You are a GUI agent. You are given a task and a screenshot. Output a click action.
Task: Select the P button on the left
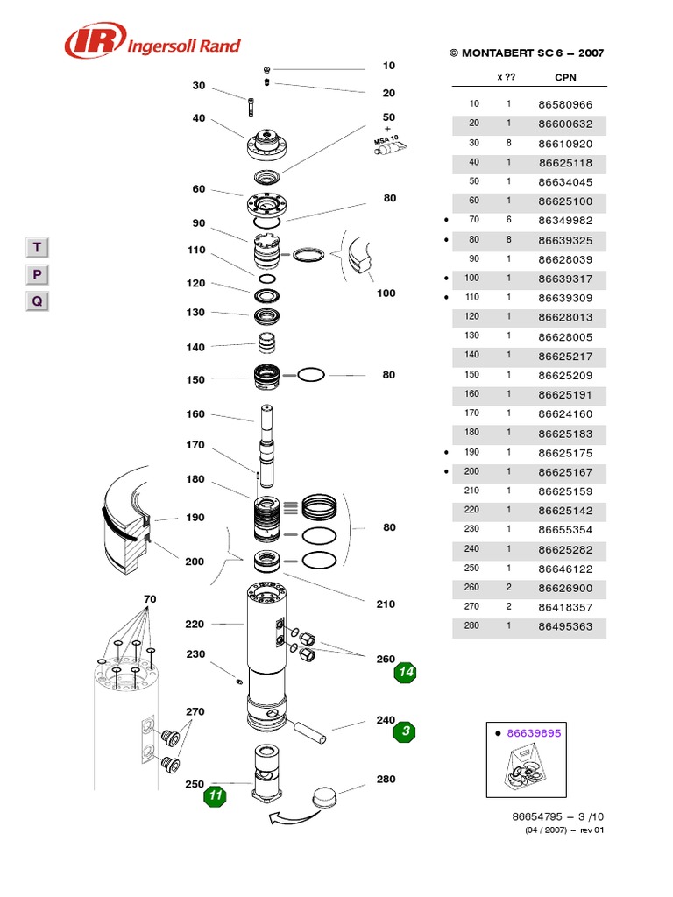coord(37,275)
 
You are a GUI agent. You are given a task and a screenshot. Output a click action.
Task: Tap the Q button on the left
coord(37,302)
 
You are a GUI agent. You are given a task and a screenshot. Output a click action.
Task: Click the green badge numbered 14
coord(404,672)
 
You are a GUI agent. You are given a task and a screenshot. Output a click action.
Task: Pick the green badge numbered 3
coord(404,731)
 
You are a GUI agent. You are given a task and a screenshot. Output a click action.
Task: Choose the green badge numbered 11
coord(215,796)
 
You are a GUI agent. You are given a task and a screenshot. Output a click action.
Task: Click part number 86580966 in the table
coord(565,104)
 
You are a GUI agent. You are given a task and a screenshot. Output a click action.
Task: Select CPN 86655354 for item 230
coord(565,530)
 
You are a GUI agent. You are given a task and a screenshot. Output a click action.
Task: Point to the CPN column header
coord(565,77)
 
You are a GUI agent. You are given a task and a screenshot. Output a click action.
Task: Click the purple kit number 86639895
coord(535,732)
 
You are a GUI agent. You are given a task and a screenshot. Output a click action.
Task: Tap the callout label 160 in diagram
coord(195,414)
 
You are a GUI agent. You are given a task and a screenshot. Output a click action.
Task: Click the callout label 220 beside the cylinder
coord(195,625)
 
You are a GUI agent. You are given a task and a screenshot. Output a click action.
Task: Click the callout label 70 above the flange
coord(150,599)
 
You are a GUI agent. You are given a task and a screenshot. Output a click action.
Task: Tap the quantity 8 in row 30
coord(507,143)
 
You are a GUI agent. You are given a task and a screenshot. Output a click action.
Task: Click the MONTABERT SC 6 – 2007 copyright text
coord(527,53)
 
